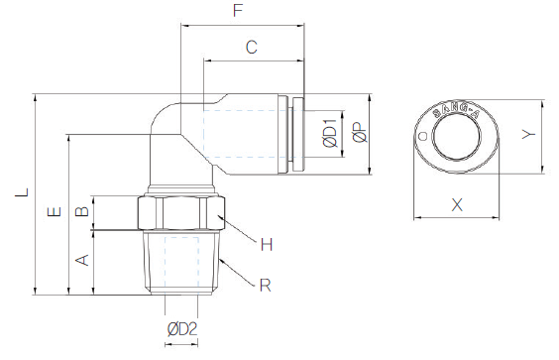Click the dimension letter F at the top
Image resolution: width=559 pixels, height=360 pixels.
pyautogui.click(x=238, y=10)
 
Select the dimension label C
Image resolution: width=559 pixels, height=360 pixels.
pyautogui.click(x=252, y=47)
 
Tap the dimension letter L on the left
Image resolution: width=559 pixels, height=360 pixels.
pyautogui.click(x=22, y=192)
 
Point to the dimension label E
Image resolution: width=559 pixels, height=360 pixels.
pyautogui.click(x=55, y=212)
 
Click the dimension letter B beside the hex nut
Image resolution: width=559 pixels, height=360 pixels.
pyautogui.click(x=82, y=210)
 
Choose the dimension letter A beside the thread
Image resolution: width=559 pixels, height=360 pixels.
pyautogui.click(x=82, y=260)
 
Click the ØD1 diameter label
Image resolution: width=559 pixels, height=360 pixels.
pyautogui.click(x=330, y=134)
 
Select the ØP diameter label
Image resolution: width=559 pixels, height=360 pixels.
pyautogui.click(x=360, y=132)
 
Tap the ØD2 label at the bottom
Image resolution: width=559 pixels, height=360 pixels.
pyautogui.click(x=182, y=329)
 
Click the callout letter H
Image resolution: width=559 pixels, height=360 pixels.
pyautogui.click(x=267, y=245)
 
